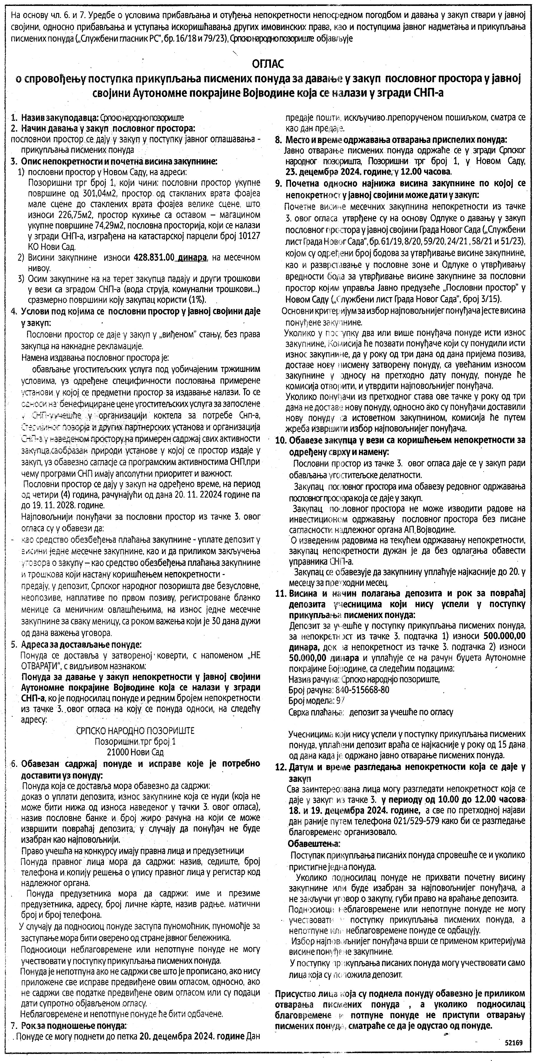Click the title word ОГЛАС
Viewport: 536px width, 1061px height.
click(x=268, y=64)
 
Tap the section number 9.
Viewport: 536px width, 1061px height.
click(x=278, y=183)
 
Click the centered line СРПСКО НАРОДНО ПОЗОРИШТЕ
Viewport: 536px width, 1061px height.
click(x=135, y=731)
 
